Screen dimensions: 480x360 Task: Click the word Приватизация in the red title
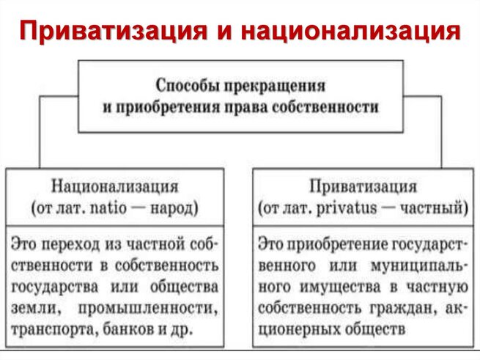point(113,31)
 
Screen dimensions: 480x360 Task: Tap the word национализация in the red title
point(351,31)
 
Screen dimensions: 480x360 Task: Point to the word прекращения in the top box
point(275,87)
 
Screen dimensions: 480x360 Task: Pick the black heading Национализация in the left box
point(114,186)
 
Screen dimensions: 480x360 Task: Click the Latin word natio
point(108,208)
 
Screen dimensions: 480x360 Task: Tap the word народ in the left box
point(173,209)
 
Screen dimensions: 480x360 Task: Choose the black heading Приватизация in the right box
point(363,186)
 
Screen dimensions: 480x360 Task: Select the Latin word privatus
point(346,209)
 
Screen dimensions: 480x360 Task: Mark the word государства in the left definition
point(55,287)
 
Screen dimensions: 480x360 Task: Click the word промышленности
point(148,309)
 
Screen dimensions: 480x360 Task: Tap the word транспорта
point(54,330)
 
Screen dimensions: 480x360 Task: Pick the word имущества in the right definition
point(340,287)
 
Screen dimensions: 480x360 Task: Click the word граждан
point(403,309)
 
